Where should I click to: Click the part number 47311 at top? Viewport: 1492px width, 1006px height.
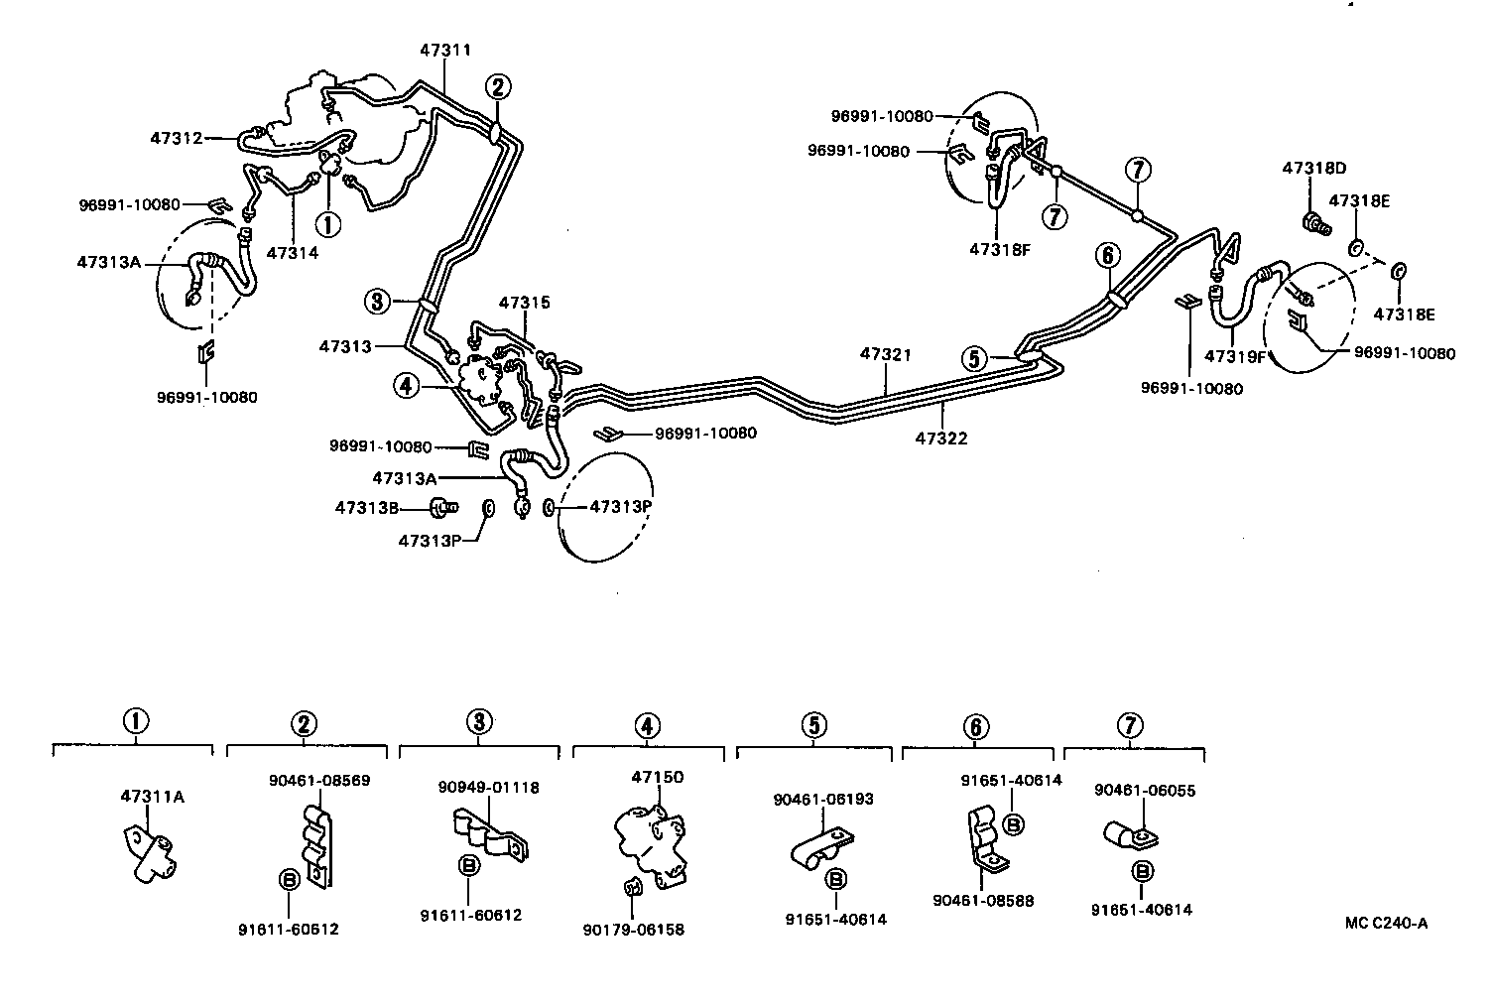(x=444, y=50)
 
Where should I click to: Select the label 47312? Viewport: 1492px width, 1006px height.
(x=176, y=138)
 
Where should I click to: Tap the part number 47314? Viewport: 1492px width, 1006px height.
(x=292, y=253)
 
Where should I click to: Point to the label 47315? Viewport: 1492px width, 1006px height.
(x=524, y=302)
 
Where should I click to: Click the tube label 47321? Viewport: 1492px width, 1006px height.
(x=885, y=354)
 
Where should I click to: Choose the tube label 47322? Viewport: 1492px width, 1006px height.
(x=941, y=438)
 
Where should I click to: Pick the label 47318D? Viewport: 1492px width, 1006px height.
(x=1312, y=168)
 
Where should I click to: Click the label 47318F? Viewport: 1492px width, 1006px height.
(x=1000, y=250)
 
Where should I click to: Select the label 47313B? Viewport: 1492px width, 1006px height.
(x=366, y=508)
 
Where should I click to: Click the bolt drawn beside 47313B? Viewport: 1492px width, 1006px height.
(x=441, y=509)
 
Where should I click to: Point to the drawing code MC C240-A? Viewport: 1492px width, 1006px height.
(x=1386, y=923)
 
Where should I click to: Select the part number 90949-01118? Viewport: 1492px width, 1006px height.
(x=488, y=787)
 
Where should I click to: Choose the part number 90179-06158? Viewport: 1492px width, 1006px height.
(x=633, y=930)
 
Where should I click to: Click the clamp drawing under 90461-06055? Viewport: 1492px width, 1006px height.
(x=1128, y=839)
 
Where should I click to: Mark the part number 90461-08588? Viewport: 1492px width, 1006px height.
(x=982, y=901)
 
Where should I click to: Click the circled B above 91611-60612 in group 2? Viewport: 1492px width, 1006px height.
(x=289, y=878)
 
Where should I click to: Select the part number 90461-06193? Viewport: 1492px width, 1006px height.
(x=823, y=799)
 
